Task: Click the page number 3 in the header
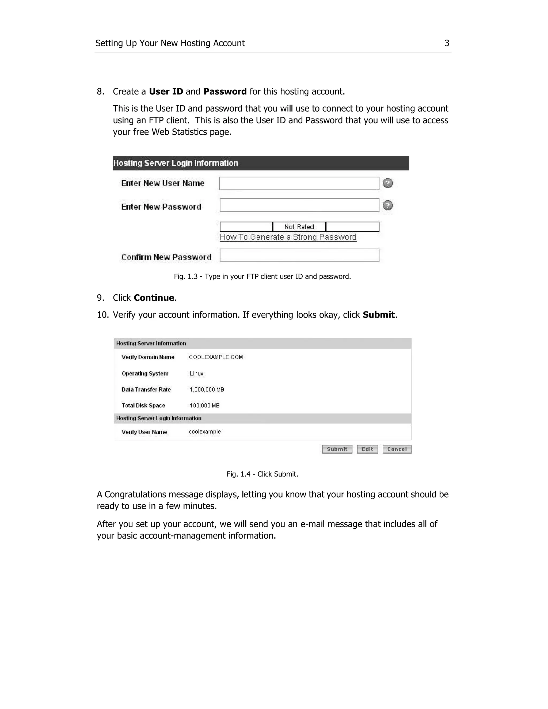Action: coord(447,43)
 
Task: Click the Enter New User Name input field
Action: coord(299,184)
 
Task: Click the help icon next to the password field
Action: coord(388,205)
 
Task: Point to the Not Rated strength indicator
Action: coord(299,227)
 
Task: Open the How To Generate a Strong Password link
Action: coord(288,237)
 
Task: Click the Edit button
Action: coord(367,449)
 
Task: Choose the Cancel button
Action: coord(397,449)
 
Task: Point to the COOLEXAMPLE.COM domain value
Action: coord(216,357)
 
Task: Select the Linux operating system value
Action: coord(196,374)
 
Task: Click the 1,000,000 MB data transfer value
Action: coord(207,390)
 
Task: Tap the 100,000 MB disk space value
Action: coord(204,405)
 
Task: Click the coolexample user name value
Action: coord(205,432)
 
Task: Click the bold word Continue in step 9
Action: coord(154,298)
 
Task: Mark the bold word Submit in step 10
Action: coord(379,315)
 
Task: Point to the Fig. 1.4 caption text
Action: coord(262,474)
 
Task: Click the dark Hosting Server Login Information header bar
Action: coord(261,163)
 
